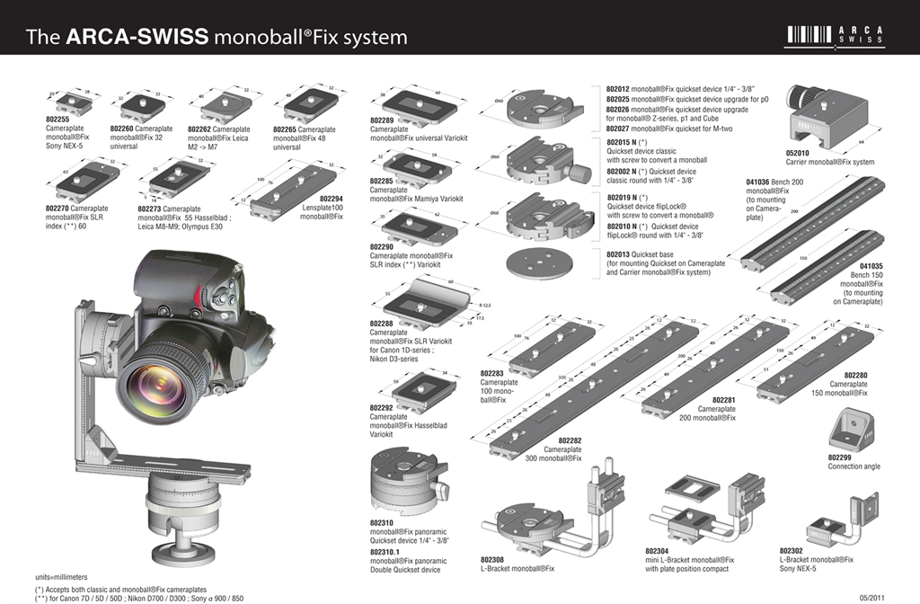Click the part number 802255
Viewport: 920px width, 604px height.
57,119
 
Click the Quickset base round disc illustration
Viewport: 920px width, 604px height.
539,264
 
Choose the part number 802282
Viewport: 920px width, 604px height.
569,440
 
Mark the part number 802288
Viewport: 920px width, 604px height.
383,323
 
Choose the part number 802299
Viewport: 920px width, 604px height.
840,457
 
